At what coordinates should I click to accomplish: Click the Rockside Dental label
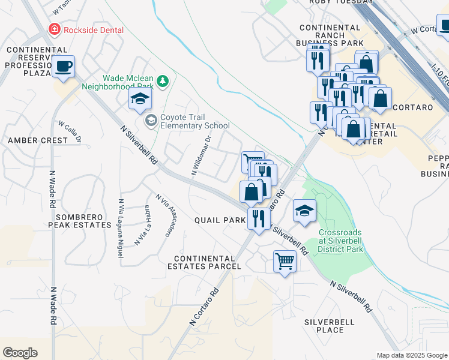95,30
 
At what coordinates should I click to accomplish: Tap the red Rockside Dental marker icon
55,29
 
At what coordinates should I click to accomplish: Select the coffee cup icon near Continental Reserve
62,67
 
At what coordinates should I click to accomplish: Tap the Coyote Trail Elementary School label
195,121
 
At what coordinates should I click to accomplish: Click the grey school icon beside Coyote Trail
151,122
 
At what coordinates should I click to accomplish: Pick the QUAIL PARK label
220,220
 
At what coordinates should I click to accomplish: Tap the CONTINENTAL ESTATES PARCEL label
207,262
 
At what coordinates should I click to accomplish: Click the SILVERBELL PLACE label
332,326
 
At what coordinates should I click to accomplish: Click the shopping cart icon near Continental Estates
284,261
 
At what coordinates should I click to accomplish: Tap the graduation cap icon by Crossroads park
304,211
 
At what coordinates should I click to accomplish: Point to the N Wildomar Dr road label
202,155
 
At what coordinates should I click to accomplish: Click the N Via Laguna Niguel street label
122,228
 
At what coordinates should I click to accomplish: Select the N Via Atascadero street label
166,215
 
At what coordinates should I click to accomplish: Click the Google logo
20,353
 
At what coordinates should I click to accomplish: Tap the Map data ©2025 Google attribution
412,355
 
